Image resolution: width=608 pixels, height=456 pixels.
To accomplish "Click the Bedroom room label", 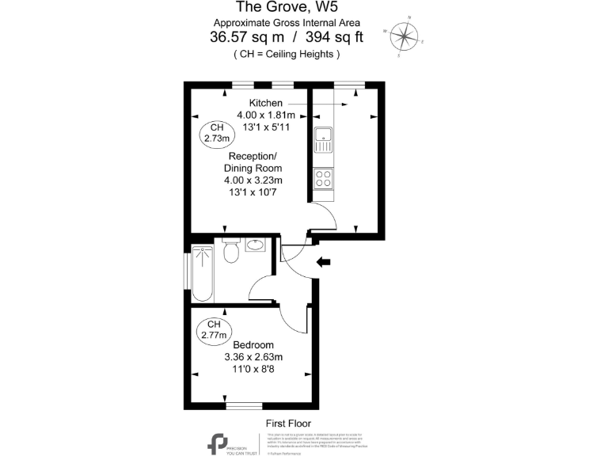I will pos(253,344).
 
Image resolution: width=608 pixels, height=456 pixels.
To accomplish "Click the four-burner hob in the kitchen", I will pos(324,179).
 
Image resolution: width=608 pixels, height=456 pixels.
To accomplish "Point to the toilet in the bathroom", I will pos(231,251).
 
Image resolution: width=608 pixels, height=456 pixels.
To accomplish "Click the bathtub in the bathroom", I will pos(203,274).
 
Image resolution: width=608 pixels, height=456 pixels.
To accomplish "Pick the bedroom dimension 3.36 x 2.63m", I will pos(253,357).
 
